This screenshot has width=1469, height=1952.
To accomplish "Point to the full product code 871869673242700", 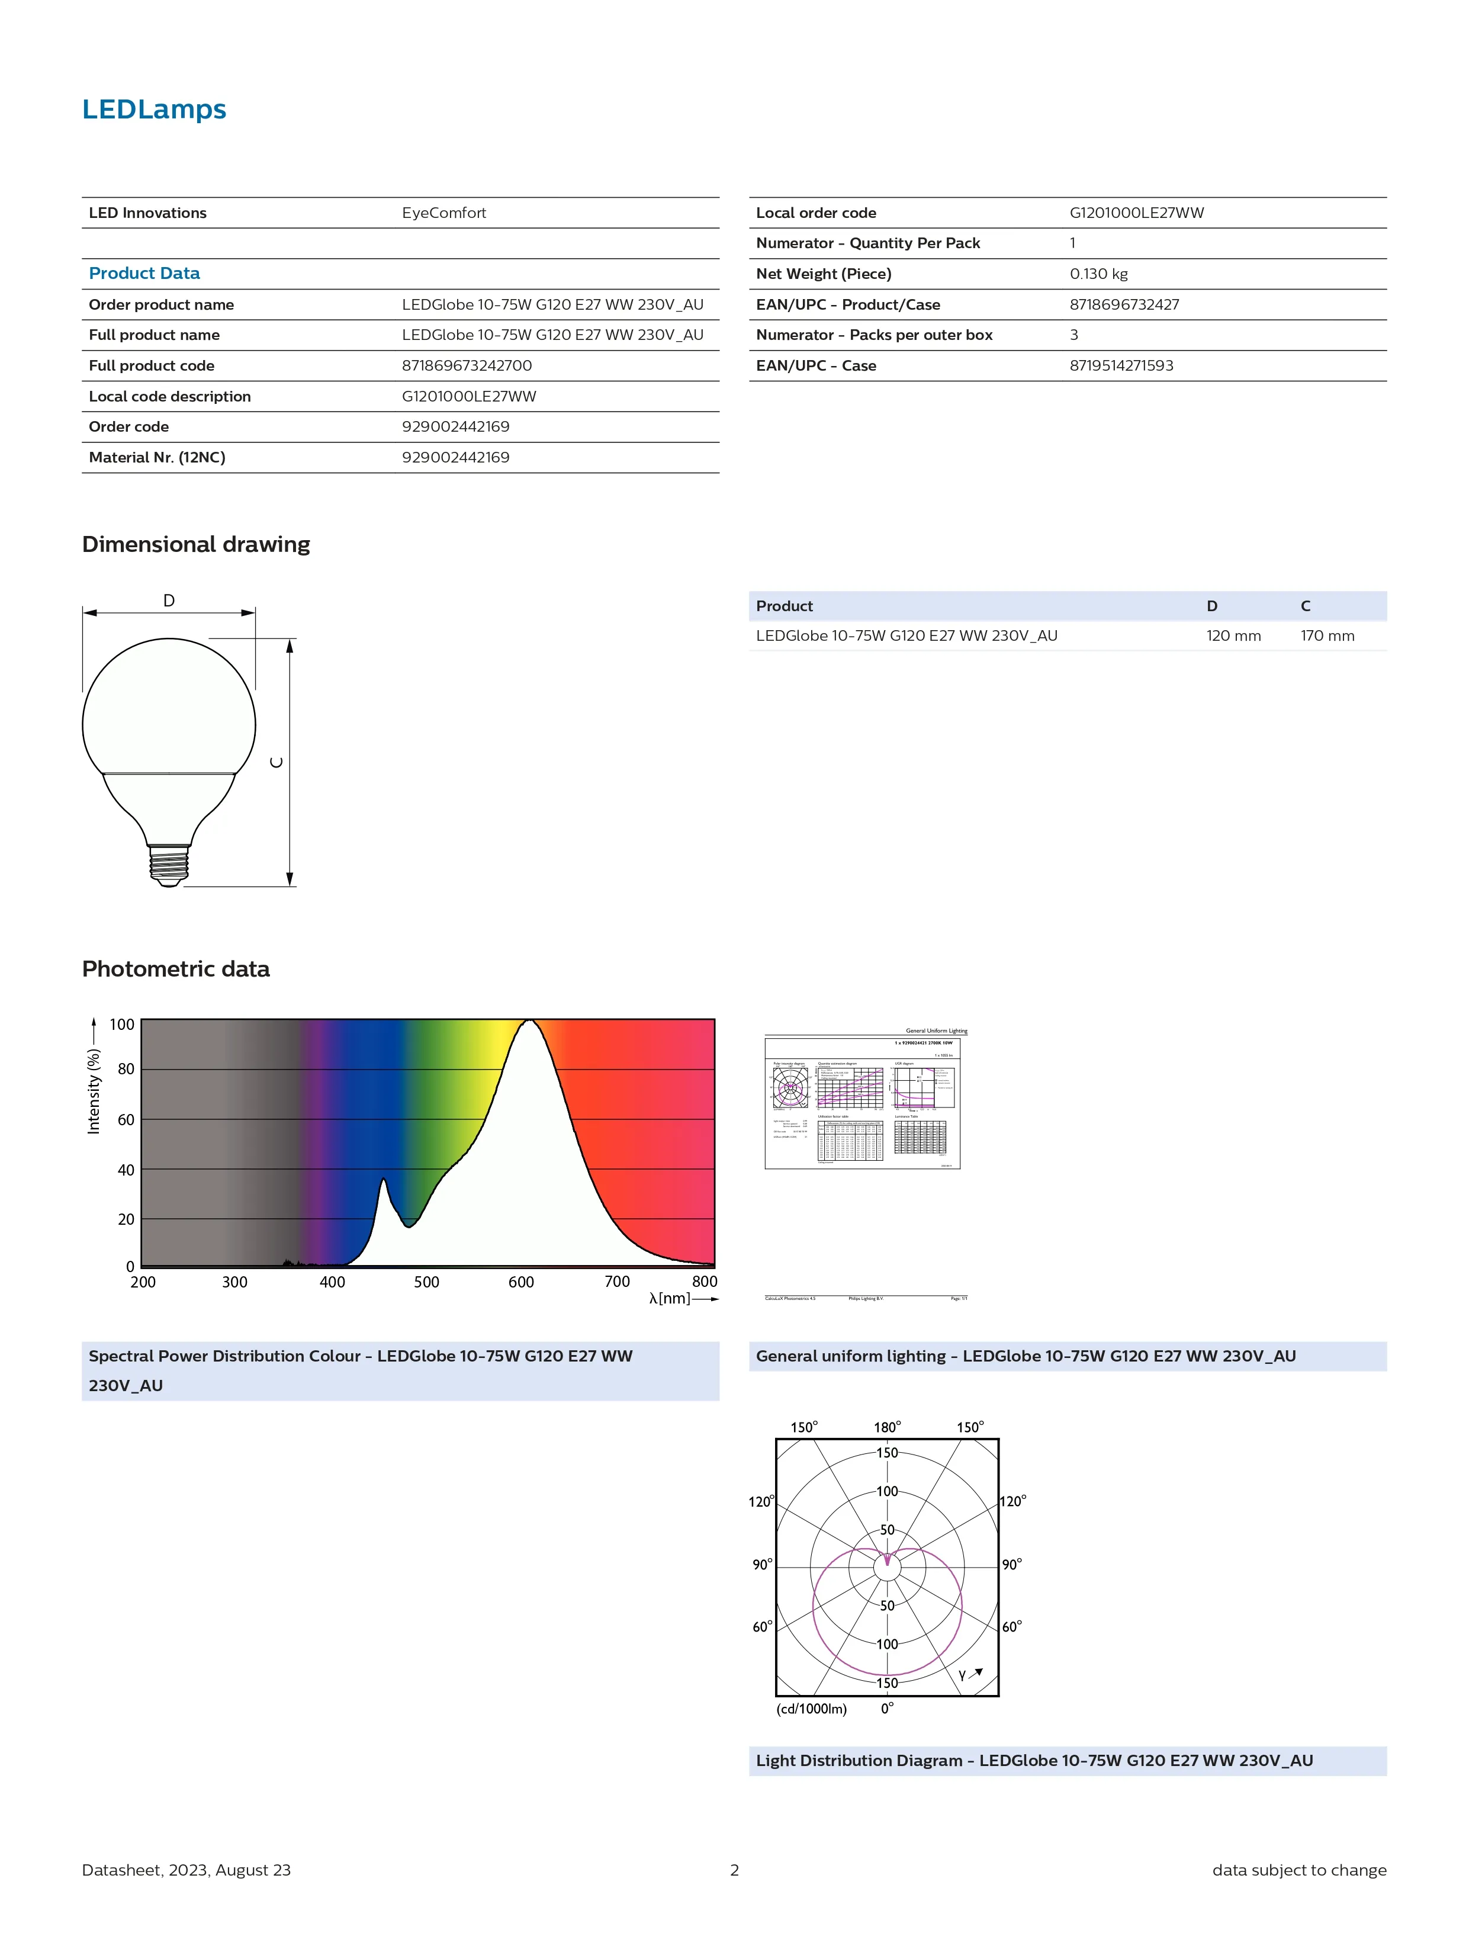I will point(466,365).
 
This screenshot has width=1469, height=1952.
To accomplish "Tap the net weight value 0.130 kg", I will point(1098,274).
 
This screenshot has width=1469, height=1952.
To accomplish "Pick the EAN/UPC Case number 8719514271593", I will point(1120,365).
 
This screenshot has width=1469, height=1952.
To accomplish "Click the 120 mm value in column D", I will point(1233,635).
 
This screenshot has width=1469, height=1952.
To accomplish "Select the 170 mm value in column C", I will point(1326,635).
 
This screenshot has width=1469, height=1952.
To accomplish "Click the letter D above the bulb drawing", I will point(169,600).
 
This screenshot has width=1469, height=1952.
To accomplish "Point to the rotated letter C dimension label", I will point(276,762).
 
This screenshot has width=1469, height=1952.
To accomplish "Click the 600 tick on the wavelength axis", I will point(520,1282).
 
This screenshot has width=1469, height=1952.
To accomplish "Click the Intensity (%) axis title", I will point(94,1091).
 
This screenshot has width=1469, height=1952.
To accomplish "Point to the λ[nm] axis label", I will point(670,1298).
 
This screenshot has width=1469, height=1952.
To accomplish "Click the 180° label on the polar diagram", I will point(887,1427).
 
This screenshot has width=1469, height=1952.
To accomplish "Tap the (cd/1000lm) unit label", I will point(811,1709).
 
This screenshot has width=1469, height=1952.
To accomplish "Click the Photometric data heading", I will point(176,969).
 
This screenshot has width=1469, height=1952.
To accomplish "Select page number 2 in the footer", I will point(734,1869).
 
